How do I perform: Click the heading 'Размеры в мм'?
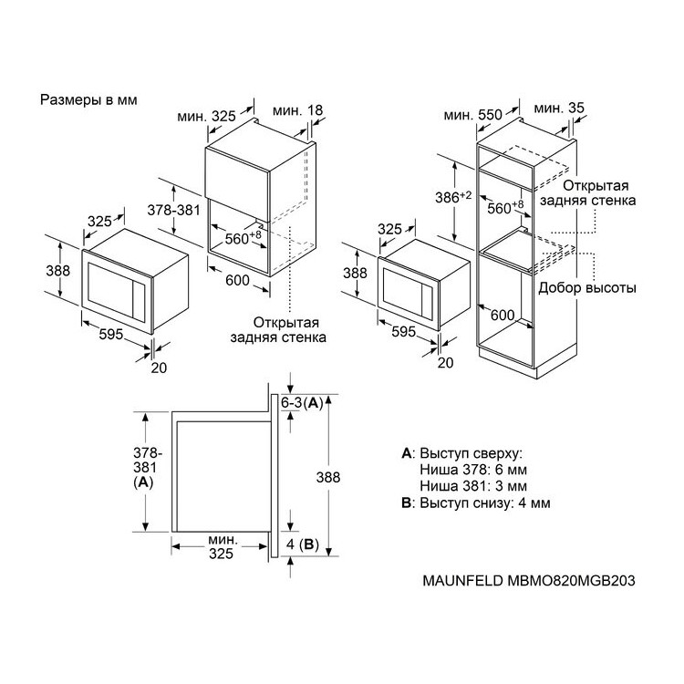88,100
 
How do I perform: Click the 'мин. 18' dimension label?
298,110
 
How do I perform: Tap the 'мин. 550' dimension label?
473,115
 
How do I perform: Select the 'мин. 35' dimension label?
559,108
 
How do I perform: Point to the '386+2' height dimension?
453,197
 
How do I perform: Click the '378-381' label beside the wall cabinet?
173,211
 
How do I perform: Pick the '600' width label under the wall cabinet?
237,280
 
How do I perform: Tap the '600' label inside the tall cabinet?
503,315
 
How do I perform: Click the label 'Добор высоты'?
587,288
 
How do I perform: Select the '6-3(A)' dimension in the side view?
302,403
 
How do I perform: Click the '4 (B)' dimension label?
303,544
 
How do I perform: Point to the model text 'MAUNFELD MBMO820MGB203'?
529,581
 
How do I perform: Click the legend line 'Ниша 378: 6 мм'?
473,470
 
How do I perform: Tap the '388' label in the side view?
328,477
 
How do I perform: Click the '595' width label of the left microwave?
111,334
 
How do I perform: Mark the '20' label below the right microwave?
445,362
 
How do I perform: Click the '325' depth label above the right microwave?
389,229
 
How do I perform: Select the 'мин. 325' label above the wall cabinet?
206,116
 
